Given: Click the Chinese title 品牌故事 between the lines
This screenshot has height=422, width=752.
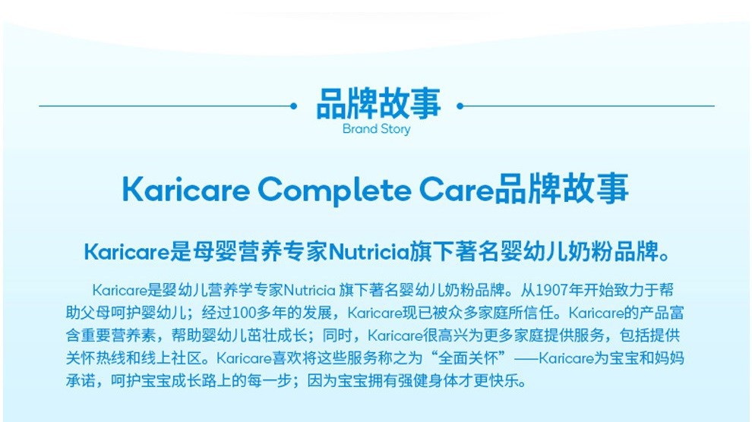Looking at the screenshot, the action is [x=378, y=103].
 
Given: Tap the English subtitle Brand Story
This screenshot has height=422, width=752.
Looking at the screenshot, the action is [x=377, y=129].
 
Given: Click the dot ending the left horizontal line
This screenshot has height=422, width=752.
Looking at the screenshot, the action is [x=293, y=106].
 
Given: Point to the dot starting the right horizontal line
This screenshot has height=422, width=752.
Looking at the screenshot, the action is [x=460, y=106].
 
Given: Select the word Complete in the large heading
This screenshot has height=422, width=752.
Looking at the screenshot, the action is [x=334, y=191].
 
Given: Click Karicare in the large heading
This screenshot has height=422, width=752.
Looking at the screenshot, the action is [x=186, y=189].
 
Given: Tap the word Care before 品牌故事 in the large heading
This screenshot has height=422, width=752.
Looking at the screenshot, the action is [x=457, y=190].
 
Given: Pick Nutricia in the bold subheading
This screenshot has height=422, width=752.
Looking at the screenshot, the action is [x=368, y=252].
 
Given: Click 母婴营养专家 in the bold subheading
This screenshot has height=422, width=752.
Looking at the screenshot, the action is [x=261, y=252].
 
